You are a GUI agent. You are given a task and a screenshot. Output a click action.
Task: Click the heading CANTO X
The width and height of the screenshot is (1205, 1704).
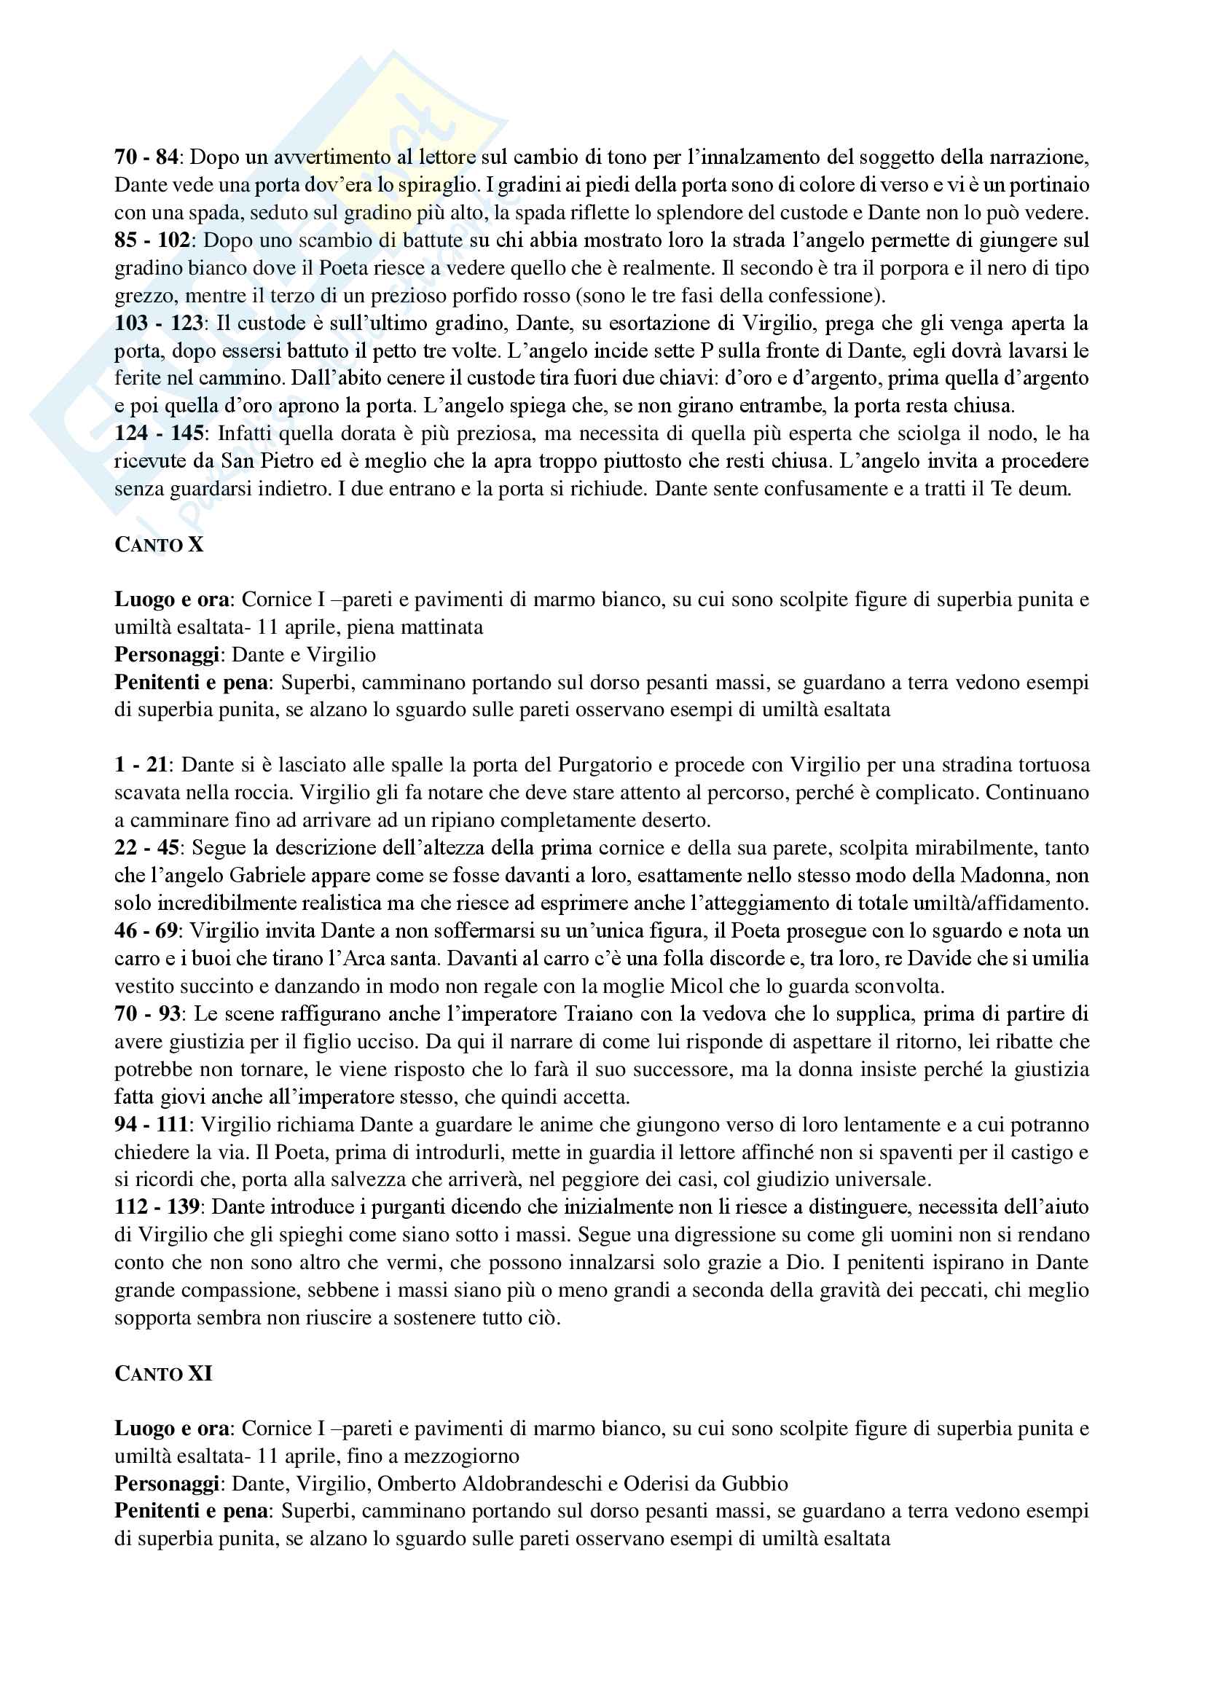pos(159,545)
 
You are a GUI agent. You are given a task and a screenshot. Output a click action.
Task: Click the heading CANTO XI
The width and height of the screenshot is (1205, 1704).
pos(163,1374)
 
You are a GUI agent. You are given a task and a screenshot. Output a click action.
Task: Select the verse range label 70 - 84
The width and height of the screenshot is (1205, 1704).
pos(146,157)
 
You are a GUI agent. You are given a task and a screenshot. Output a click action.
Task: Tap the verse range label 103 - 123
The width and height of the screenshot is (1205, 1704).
pos(159,323)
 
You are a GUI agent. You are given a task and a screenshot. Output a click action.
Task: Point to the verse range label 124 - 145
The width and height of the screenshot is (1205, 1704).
pos(159,433)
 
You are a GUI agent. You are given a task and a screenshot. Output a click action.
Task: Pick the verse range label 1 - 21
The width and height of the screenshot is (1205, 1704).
pos(141,765)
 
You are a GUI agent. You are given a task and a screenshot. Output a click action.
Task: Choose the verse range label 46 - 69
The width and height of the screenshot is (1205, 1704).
pos(146,930)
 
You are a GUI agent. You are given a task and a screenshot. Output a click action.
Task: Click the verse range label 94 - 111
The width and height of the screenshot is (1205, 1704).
pos(152,1124)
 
